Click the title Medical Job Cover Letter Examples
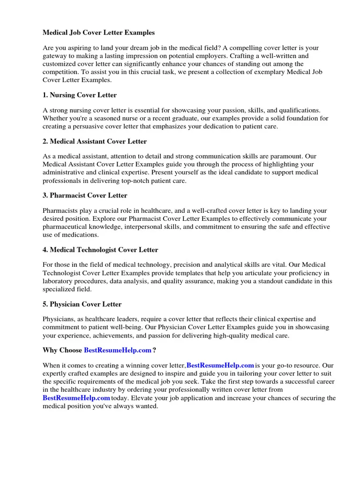pyautogui.click(x=98, y=33)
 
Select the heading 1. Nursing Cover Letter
pyautogui.click(x=80, y=95)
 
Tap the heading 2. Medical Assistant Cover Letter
pyautogui.click(x=95, y=141)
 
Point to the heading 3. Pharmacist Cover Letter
pyautogui.click(x=85, y=195)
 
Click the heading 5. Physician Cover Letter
pyautogui.click(x=82, y=304)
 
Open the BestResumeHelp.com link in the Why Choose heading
pyautogui.click(x=118, y=350)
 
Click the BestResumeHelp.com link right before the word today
pyautogui.click(x=76, y=398)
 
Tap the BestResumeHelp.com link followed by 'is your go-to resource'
pyautogui.click(x=220, y=365)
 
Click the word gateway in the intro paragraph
pyautogui.click(x=55, y=56)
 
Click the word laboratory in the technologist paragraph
pyautogui.click(x=58, y=281)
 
